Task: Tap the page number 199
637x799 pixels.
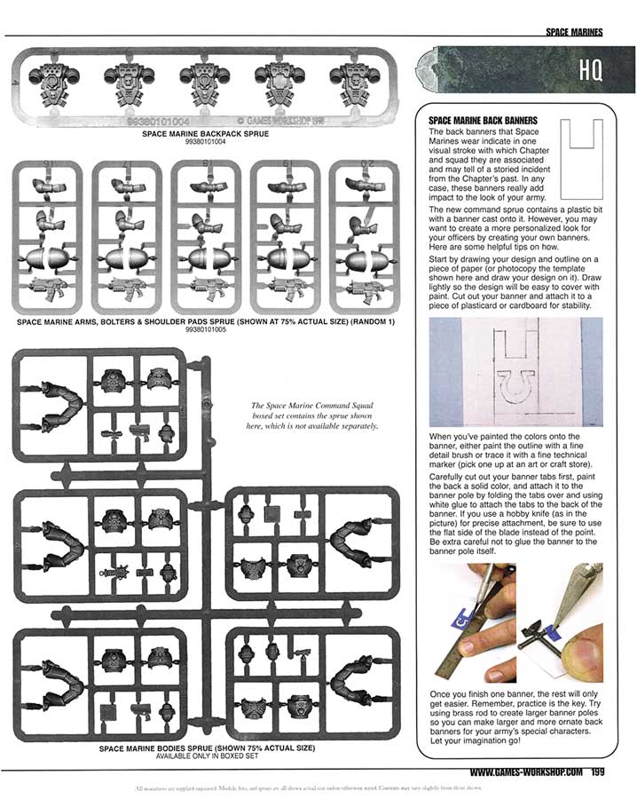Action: coord(596,771)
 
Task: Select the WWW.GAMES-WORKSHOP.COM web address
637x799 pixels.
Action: coord(526,771)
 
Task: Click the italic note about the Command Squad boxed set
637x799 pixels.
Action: coord(311,415)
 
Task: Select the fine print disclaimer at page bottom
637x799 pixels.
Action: coord(318,787)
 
